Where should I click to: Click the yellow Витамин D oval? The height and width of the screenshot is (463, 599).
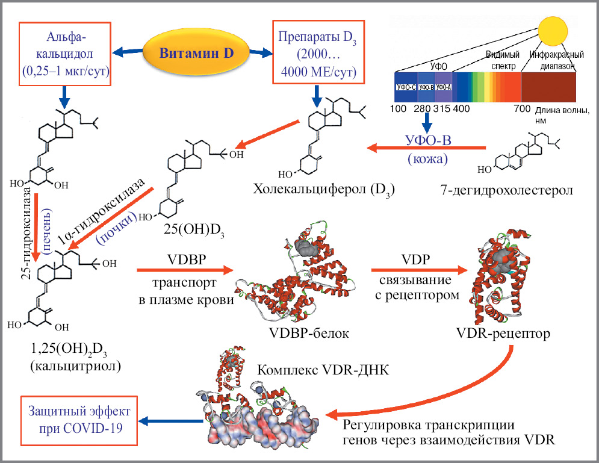click(x=196, y=53)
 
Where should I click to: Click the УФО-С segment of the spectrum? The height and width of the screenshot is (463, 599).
click(x=406, y=87)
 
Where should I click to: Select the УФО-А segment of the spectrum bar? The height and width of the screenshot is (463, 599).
click(x=443, y=87)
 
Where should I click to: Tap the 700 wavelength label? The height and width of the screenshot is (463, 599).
click(x=522, y=109)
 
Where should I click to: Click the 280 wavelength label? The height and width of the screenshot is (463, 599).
click(x=421, y=109)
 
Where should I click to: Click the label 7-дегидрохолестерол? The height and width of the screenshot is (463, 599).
click(x=507, y=191)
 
